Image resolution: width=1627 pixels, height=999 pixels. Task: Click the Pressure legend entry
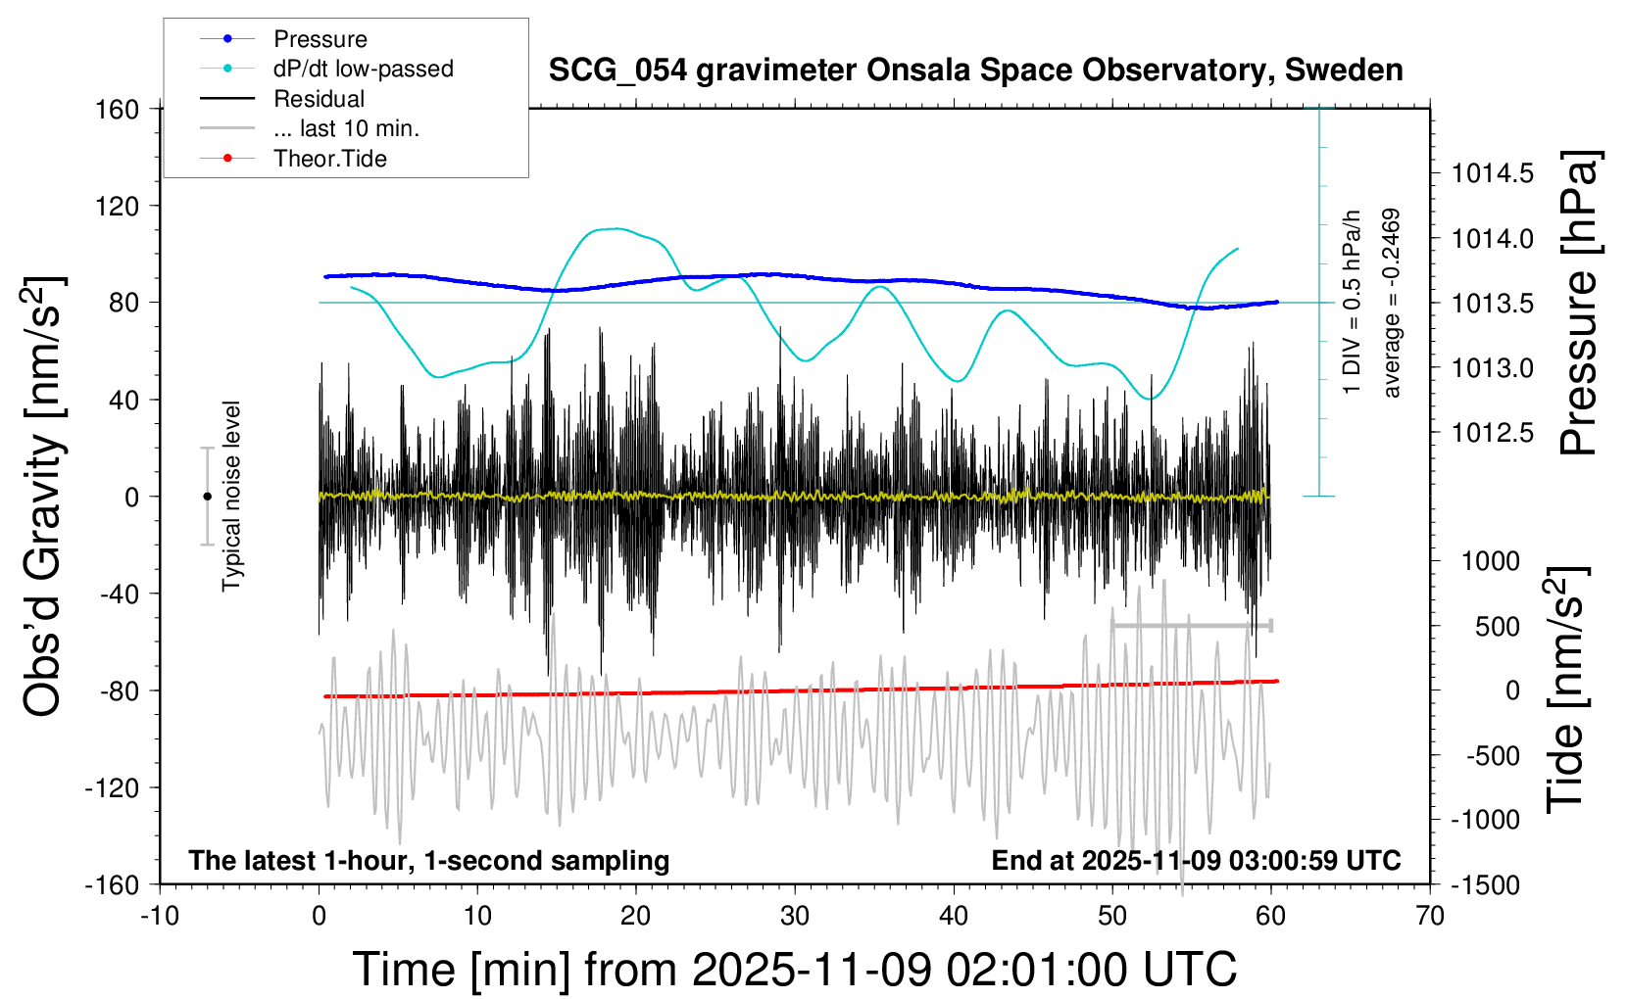320,39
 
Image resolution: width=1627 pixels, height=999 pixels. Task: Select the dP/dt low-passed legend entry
363,69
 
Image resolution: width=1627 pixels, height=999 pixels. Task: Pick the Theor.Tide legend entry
329,159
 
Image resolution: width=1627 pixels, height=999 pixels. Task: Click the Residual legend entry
319,99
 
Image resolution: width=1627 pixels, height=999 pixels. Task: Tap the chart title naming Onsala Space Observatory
975,71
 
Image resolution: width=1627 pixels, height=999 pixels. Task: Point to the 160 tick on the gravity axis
118,109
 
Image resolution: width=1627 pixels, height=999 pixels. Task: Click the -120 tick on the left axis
112,787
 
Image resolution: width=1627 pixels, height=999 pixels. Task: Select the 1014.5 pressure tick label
1492,174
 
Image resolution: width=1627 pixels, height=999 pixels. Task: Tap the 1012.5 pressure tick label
1492,433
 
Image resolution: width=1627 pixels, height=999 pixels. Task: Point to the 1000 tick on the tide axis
1491,561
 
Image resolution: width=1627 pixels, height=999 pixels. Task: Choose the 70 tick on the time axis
1430,916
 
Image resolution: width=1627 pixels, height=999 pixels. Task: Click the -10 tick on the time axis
160,916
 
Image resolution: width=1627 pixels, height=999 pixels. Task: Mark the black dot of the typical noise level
207,497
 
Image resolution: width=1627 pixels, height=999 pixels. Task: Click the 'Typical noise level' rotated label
231,496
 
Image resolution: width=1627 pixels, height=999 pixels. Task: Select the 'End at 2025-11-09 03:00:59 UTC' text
1196,861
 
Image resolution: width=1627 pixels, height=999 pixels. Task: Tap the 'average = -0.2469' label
1391,303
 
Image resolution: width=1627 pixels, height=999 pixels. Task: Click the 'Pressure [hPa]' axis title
1579,303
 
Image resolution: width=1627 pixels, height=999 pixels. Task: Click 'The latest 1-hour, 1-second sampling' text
428,861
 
